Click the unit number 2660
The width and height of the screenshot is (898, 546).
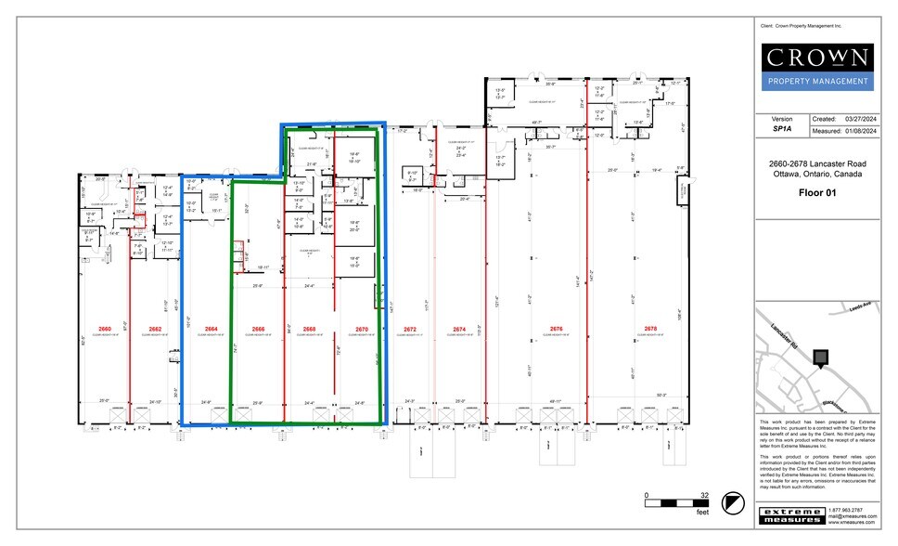tap(104, 329)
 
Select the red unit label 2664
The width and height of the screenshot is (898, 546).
tap(211, 329)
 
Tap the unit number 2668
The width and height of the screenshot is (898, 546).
tap(309, 329)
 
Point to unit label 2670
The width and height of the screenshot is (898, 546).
tap(361, 329)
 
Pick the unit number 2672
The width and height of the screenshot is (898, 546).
tap(410, 329)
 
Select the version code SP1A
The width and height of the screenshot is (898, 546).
tap(782, 131)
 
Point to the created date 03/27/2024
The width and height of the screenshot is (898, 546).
tap(861, 120)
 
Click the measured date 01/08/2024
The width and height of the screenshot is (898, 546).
tap(861, 131)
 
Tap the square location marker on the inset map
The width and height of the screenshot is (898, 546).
tap(819, 357)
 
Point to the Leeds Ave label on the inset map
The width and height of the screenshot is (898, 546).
tap(860, 307)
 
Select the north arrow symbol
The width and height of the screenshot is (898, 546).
tap(735, 502)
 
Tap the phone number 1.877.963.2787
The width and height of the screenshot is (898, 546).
tap(845, 510)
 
